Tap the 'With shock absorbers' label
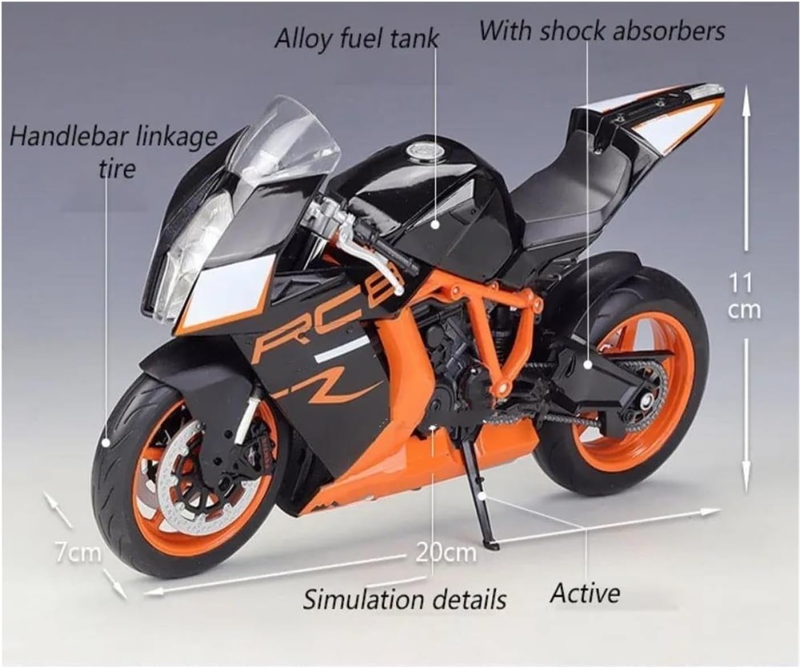tap(602, 31)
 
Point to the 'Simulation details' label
tap(404, 599)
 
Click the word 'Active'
tap(585, 593)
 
